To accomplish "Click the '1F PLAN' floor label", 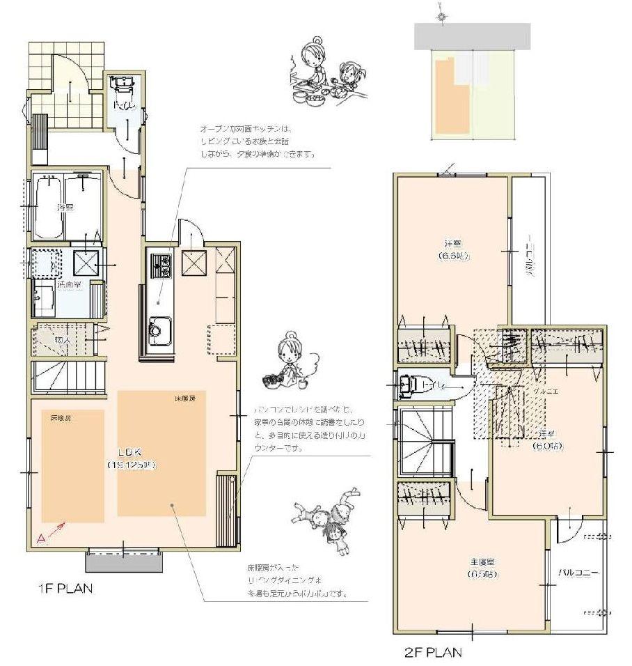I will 64,588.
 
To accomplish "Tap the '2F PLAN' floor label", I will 433,653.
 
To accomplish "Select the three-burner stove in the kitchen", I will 161,266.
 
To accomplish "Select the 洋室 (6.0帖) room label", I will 548,440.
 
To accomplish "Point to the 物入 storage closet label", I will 62,339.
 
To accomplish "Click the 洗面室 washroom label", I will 69,286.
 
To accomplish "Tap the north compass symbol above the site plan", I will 440,14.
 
